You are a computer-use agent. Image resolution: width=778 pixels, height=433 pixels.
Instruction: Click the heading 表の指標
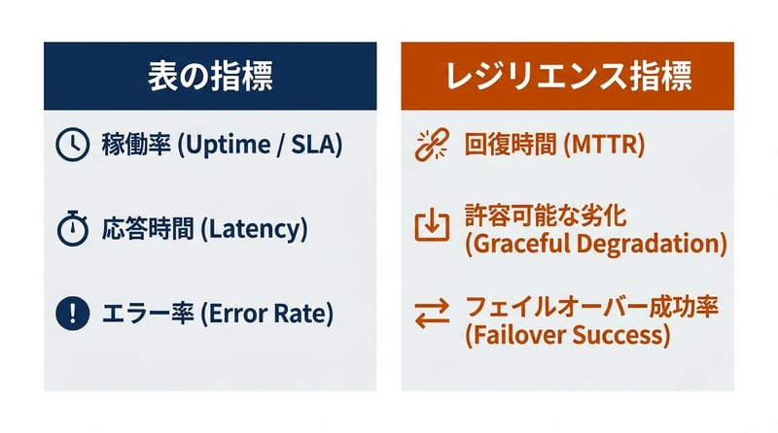coord(210,77)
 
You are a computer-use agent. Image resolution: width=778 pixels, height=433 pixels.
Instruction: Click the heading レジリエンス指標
coord(567,77)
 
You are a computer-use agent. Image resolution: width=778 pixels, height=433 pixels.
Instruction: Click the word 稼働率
coord(132,147)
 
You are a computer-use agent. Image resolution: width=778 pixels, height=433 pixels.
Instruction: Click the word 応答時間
coord(143,230)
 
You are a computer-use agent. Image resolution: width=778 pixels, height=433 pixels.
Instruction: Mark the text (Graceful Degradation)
coord(596,243)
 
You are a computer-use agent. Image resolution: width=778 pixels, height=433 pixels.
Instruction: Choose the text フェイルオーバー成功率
coord(592,309)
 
